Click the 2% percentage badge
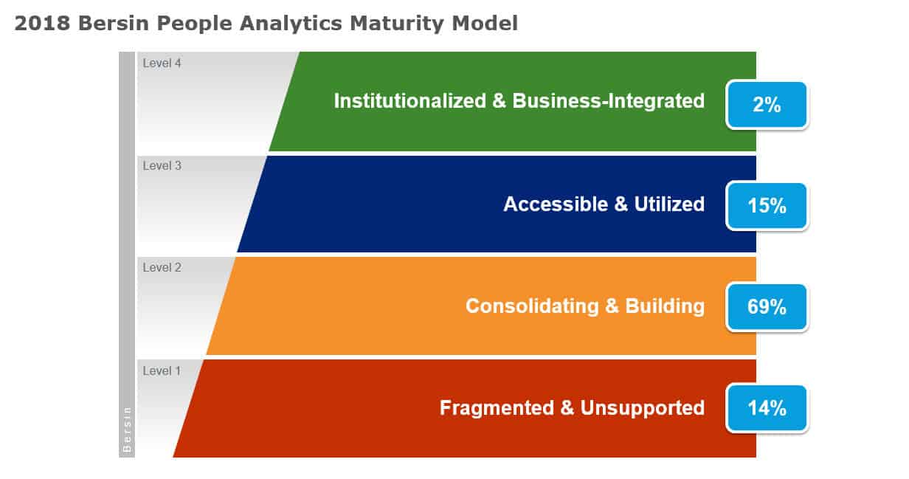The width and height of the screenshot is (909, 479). (767, 105)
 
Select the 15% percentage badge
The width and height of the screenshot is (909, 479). (767, 206)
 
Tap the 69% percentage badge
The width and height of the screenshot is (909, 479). (767, 306)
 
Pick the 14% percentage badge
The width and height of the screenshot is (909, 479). (767, 407)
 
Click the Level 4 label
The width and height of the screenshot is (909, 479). (162, 63)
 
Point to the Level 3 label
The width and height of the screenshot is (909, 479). (162, 166)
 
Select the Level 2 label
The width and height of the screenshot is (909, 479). (162, 268)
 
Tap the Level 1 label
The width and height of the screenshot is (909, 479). (162, 371)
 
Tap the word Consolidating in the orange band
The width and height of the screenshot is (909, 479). (531, 306)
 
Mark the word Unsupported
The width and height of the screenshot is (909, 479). (642, 407)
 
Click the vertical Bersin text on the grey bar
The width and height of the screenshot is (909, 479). (127, 429)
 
